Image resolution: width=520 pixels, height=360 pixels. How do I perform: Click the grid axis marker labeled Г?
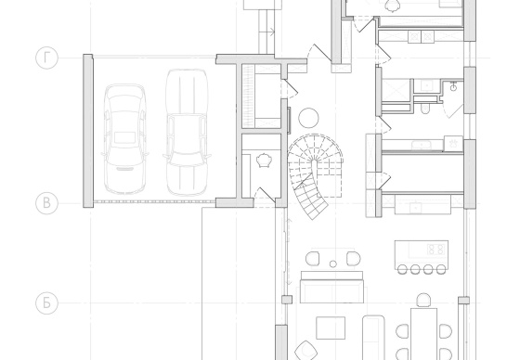[46, 58]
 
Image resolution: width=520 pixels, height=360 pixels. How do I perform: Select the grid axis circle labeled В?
[46, 203]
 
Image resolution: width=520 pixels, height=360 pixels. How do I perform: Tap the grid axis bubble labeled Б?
[46, 303]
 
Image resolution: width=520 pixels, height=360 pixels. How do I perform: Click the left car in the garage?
[124, 139]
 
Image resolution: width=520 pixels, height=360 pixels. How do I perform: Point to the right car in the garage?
[187, 133]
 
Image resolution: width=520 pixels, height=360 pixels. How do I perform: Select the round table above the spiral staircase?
[308, 118]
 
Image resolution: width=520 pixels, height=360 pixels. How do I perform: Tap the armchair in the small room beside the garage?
[264, 161]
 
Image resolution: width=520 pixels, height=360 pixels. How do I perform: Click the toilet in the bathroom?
[425, 109]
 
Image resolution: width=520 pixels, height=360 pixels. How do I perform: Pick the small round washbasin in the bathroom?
[454, 87]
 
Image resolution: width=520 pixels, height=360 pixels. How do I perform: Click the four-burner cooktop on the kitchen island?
[435, 250]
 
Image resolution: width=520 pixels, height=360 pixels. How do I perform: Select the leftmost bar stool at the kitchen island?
[402, 269]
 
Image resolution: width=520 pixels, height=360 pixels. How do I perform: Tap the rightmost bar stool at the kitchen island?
[441, 269]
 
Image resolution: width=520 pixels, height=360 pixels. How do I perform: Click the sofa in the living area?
[331, 287]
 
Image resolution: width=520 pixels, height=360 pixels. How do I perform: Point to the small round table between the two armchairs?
[333, 264]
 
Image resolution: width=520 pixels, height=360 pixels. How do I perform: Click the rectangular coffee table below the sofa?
[331, 328]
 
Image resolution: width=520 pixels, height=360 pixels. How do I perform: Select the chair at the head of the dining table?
[423, 300]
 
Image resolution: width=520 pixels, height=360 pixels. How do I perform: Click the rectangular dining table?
[423, 334]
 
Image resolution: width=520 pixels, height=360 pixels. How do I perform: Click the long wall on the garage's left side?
[88, 131]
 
